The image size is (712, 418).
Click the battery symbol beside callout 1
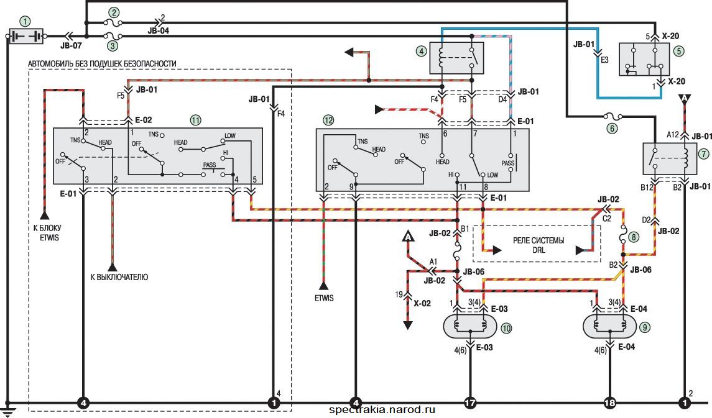coord(26,36)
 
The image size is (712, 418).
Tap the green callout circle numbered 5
coord(679,51)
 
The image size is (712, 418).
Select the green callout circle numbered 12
coord(328,120)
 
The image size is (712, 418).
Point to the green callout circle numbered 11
coord(195,120)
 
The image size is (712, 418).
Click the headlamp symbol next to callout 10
coord(471,326)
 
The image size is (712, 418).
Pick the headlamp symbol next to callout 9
coord(610,326)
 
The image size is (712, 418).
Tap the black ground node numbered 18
coord(609,402)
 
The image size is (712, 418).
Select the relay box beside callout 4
coord(456,58)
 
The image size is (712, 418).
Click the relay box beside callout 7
coord(670,158)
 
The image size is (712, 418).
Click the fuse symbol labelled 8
coord(623,237)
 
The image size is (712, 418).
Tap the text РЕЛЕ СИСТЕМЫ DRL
coord(539,245)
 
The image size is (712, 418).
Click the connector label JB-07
coord(72,46)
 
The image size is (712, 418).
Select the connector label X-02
coord(422,303)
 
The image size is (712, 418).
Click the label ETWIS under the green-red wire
coord(324,298)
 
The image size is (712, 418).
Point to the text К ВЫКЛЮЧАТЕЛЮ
coord(119,277)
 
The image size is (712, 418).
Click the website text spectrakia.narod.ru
coord(382,411)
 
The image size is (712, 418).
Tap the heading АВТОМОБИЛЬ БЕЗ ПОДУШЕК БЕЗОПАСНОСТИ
coord(102,64)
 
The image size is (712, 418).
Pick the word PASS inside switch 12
coord(507,163)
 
